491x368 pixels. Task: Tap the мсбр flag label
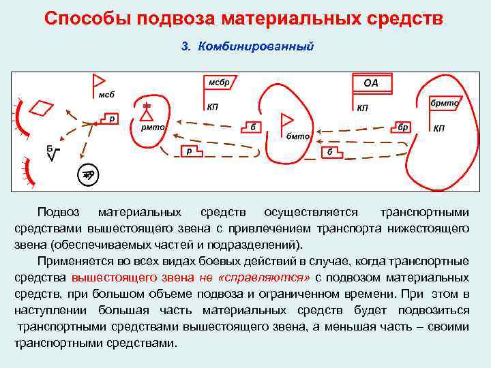click(x=219, y=82)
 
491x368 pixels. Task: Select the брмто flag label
click(x=445, y=103)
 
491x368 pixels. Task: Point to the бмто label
click(x=298, y=136)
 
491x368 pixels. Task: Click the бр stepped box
click(x=403, y=127)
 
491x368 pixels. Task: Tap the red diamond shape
click(x=43, y=108)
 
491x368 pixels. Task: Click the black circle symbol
click(x=88, y=174)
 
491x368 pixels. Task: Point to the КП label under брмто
click(x=439, y=128)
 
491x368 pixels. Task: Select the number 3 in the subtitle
click(x=183, y=47)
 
